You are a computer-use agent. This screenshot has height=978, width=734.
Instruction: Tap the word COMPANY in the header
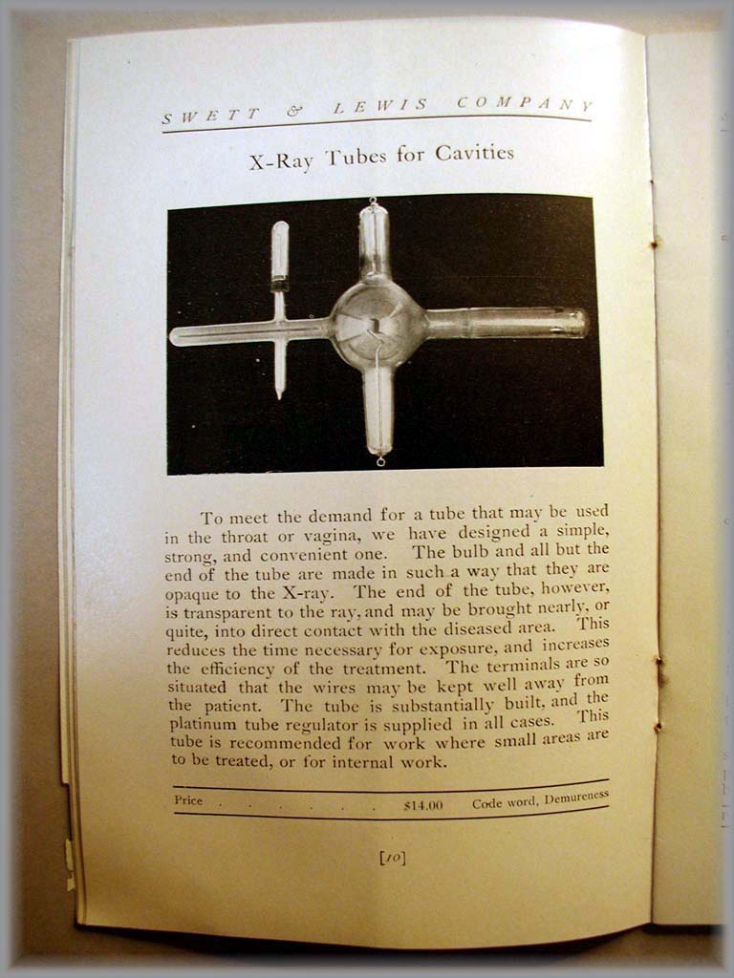click(x=525, y=104)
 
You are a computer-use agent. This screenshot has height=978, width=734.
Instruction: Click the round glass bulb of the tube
click(x=377, y=326)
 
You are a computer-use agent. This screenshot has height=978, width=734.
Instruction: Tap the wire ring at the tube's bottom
click(x=380, y=462)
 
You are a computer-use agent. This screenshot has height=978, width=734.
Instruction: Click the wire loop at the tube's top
click(x=372, y=202)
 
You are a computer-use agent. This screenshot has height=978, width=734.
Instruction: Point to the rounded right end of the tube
click(x=580, y=322)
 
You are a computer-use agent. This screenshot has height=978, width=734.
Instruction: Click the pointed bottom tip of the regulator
click(x=279, y=393)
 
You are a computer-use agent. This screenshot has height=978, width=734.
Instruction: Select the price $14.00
click(x=422, y=805)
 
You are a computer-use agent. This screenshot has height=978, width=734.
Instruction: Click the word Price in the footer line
click(x=188, y=800)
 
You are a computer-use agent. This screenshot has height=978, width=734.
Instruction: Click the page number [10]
click(x=392, y=858)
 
